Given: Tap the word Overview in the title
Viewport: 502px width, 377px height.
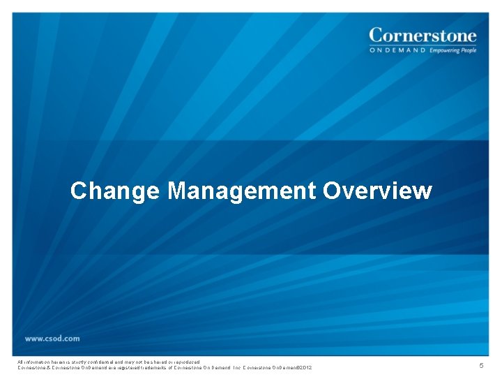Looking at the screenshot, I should [x=377, y=191].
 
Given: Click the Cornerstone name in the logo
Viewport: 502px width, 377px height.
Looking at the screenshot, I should [x=423, y=35].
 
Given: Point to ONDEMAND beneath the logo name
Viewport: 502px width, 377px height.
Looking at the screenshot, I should [x=397, y=50].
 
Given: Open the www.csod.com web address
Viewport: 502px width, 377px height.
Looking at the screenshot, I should [x=52, y=339].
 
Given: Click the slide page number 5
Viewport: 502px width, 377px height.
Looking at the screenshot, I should [x=480, y=366].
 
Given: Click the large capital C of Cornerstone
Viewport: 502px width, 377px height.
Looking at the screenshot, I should [x=376, y=35].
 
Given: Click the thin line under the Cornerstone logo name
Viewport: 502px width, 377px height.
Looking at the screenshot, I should [x=423, y=45].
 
